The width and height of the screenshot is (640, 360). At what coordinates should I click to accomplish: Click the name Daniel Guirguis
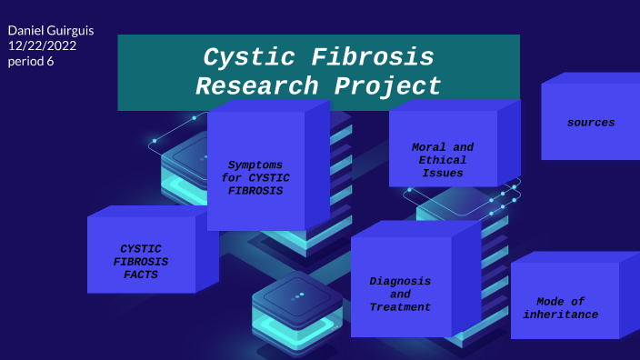pyautogui.click(x=51, y=31)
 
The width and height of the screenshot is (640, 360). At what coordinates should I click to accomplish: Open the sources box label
pyautogui.click(x=590, y=122)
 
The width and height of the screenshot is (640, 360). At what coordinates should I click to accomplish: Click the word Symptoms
pyautogui.click(x=255, y=165)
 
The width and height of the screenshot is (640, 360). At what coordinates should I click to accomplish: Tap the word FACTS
pyautogui.click(x=141, y=275)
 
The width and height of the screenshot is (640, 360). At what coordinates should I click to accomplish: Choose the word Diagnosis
pyautogui.click(x=400, y=280)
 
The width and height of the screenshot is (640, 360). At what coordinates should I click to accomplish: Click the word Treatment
pyautogui.click(x=400, y=307)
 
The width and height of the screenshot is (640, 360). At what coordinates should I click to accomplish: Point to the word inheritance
pyautogui.click(x=561, y=315)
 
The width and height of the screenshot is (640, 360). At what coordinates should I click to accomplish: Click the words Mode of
pyautogui.click(x=560, y=301)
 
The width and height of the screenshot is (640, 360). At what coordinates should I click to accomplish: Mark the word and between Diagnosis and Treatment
pyautogui.click(x=400, y=294)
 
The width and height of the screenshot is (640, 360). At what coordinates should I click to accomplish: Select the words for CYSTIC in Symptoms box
pyautogui.click(x=255, y=178)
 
